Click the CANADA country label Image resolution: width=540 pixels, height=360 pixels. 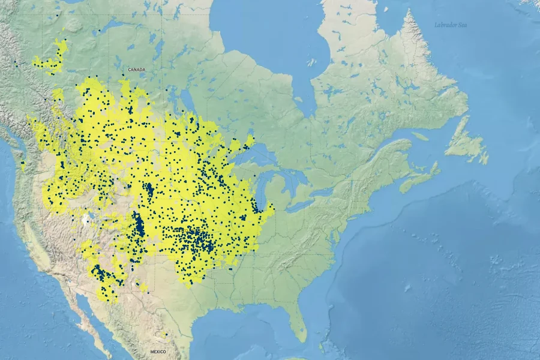(136, 70)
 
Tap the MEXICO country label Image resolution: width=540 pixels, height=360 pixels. (158, 352)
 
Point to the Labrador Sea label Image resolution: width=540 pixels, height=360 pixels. (451, 25)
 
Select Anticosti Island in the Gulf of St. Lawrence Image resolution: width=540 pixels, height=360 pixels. (420, 136)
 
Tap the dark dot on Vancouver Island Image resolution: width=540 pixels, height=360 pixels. (23, 163)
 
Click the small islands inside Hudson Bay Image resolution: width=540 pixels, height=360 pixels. (311, 62)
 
